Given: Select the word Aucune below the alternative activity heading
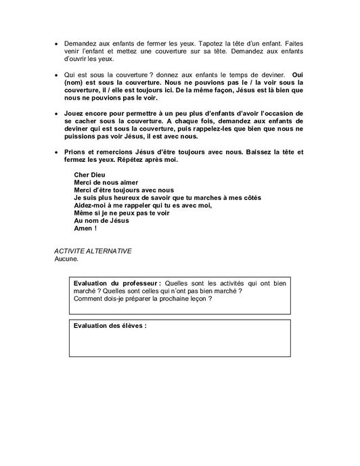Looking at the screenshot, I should [x=66, y=258].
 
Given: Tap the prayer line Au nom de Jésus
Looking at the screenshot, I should [x=100, y=220].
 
